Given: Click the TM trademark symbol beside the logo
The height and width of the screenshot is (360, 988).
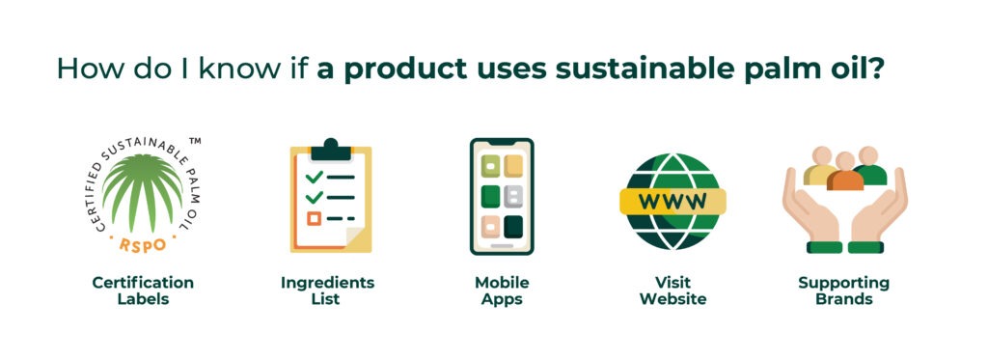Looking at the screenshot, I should pyautogui.click(x=195, y=141).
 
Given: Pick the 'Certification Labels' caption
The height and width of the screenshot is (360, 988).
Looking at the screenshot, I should pyautogui.click(x=143, y=291).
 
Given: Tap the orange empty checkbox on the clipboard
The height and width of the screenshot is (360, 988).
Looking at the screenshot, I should pyautogui.click(x=313, y=219).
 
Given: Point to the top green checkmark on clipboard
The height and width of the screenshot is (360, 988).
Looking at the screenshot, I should pyautogui.click(x=314, y=177).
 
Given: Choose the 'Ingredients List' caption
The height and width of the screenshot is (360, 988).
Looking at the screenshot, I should pyautogui.click(x=327, y=291).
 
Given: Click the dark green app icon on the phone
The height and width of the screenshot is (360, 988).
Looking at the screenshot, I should pyautogui.click(x=513, y=226).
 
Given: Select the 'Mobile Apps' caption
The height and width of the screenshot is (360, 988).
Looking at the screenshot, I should pyautogui.click(x=502, y=291).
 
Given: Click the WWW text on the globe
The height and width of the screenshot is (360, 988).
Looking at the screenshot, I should pyautogui.click(x=673, y=202).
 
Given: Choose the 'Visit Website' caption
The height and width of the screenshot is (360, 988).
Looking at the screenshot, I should pyautogui.click(x=673, y=291).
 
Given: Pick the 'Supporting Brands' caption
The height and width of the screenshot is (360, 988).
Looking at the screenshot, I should pyautogui.click(x=843, y=291).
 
